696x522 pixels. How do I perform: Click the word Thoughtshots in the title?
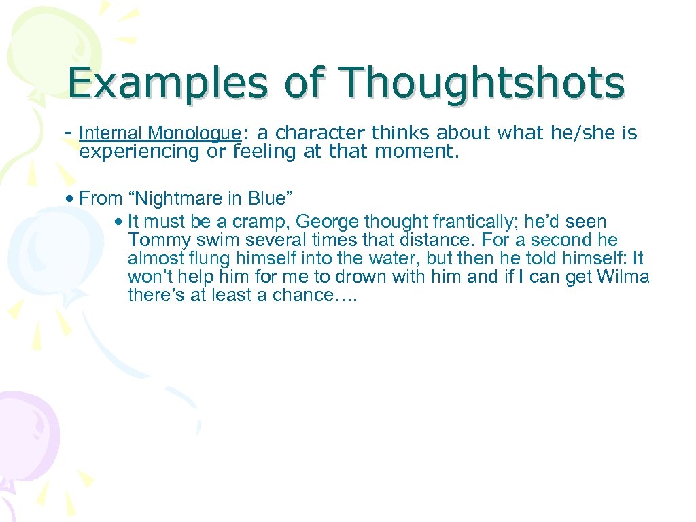pos(482,83)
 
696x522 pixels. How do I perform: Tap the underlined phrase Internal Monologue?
pos(160,133)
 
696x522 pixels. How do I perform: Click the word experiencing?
pos(140,152)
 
